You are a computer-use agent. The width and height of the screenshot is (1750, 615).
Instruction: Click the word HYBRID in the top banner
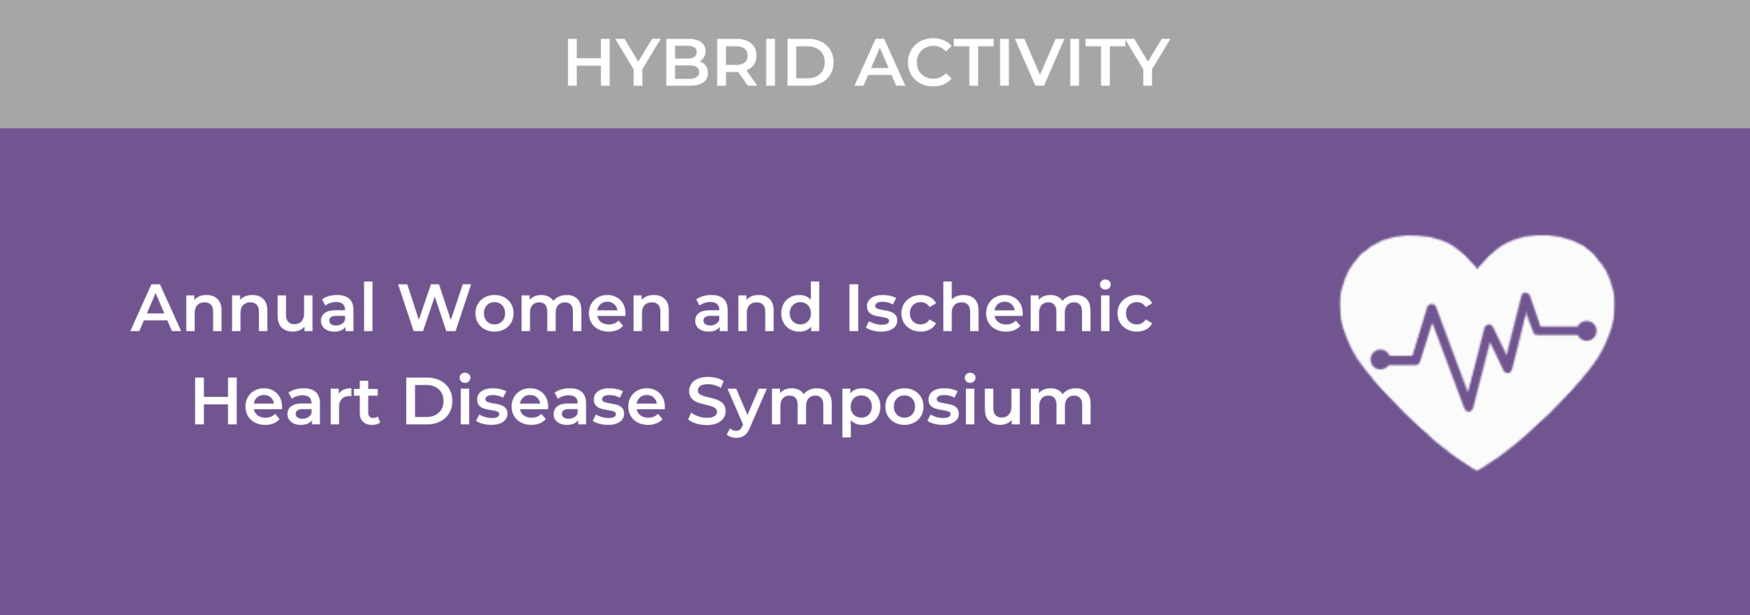[699, 63]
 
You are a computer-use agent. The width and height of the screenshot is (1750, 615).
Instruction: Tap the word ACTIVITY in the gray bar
[1012, 63]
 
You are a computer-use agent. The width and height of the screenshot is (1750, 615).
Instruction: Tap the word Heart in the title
[286, 401]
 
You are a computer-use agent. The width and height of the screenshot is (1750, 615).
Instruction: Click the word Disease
[535, 401]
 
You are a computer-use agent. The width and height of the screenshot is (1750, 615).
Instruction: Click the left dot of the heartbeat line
[1380, 359]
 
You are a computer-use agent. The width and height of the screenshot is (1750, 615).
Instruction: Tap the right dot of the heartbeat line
[1587, 331]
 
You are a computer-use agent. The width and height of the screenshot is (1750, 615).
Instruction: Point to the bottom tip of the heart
[1477, 470]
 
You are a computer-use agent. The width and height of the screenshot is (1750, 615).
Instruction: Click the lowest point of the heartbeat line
[1468, 409]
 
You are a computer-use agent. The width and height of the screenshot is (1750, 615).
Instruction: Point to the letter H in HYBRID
[587, 64]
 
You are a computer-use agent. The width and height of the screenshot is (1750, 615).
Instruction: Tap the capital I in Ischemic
[852, 309]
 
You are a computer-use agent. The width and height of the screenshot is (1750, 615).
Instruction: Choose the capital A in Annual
[159, 309]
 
